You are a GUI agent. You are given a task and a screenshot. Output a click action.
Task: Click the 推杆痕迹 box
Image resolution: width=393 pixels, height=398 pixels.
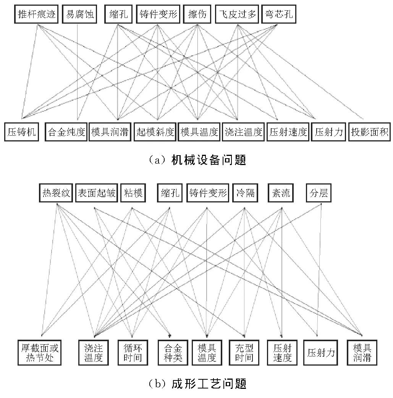coord(36,14)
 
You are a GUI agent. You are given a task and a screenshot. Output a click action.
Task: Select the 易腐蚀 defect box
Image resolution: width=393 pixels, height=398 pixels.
coord(79,14)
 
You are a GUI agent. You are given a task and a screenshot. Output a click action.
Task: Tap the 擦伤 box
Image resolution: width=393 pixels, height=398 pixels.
coord(197,14)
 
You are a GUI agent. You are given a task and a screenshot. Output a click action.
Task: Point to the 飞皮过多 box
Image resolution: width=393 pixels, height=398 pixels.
coord(237,14)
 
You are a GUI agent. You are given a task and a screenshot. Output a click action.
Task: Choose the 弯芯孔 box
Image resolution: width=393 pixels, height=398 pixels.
coord(279,14)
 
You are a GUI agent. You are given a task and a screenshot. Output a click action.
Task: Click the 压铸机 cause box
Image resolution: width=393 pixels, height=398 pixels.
coord(21,132)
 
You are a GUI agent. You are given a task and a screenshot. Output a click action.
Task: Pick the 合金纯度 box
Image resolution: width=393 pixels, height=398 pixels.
coord(66,132)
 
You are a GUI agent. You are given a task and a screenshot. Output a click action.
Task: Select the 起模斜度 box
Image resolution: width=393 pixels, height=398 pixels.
coord(155,132)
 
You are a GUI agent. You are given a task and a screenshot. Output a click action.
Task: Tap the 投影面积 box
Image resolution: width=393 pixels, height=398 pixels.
coord(369,132)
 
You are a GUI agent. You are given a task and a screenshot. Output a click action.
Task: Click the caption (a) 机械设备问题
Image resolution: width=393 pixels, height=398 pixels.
coord(197,160)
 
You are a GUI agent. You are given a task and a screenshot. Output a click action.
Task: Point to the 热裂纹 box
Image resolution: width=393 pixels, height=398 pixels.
coord(56,193)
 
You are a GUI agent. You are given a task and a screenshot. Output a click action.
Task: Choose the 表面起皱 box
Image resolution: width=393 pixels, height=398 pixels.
coord(97,193)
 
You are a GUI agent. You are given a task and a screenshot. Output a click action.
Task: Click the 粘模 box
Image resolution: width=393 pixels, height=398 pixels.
coord(133,193)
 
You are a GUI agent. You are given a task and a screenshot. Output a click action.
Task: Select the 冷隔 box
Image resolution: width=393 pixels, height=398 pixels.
coord(245,193)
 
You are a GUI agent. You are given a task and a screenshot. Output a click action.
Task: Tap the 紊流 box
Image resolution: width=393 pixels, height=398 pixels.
coord(281,193)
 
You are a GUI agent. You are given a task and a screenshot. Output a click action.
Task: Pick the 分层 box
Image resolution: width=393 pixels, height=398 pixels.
coord(319,193)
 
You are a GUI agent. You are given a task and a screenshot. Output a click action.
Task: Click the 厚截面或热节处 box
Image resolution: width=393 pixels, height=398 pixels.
coord(39,353)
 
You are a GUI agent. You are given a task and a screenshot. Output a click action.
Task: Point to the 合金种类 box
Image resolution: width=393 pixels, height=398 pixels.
coord(173,353)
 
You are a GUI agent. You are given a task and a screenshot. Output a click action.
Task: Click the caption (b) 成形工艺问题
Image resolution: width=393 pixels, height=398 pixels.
coord(197,384)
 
